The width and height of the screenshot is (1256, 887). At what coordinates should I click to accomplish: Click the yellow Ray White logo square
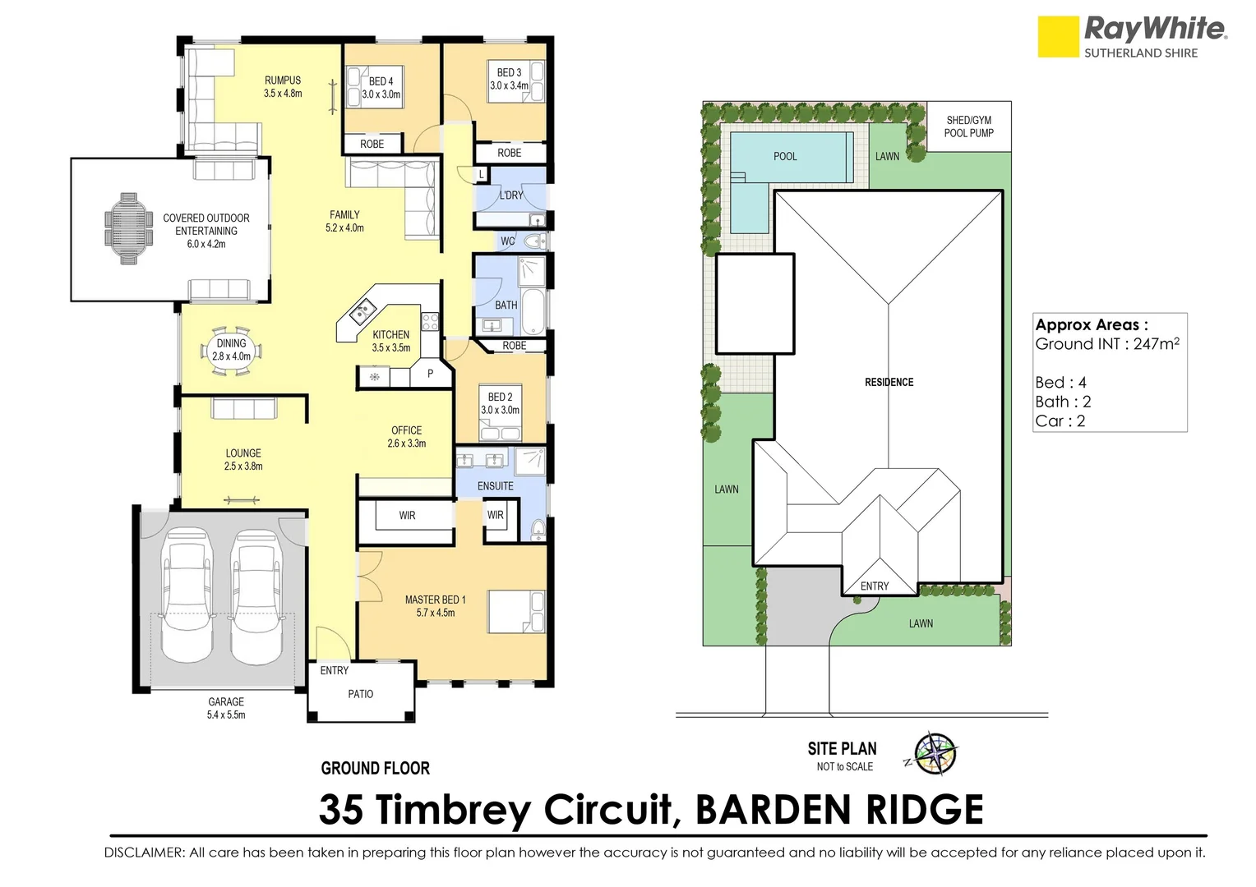click(x=1058, y=36)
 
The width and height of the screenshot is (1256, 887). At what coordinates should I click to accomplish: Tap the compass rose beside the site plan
click(x=935, y=754)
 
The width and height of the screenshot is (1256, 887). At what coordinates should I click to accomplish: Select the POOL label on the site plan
click(x=784, y=157)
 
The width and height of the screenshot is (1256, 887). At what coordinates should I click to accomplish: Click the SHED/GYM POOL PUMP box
click(x=968, y=126)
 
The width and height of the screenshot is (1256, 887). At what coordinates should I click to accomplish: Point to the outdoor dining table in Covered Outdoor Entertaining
click(x=128, y=228)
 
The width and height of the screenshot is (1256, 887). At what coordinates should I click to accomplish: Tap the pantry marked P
click(x=430, y=373)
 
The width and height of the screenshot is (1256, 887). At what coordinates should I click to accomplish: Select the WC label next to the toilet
click(x=507, y=241)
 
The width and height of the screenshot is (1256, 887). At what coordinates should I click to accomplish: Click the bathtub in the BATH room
click(x=533, y=311)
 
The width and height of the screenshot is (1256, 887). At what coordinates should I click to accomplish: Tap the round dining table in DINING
click(x=231, y=352)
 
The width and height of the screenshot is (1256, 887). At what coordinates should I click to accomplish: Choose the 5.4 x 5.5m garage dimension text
click(x=226, y=715)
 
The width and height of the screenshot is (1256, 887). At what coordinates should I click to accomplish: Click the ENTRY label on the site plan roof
click(x=874, y=586)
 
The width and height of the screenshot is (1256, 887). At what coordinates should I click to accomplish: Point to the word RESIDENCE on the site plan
click(x=889, y=382)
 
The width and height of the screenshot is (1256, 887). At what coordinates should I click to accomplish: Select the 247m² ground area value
click(x=1157, y=343)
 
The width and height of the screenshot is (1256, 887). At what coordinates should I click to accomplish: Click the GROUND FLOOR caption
click(x=375, y=768)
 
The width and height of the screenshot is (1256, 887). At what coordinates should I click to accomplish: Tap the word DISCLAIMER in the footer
click(x=145, y=853)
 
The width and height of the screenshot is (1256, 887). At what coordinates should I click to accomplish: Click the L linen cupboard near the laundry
click(x=481, y=175)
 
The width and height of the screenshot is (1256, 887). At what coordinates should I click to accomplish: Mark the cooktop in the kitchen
click(x=430, y=322)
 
